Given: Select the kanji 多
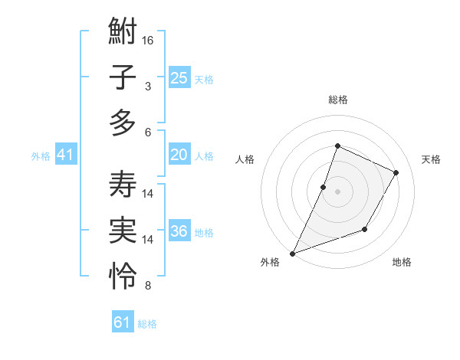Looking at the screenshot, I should [123, 123].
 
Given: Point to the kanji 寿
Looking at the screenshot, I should [123, 185].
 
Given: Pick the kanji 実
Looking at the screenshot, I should [123, 231].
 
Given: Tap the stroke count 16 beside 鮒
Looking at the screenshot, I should [149, 39].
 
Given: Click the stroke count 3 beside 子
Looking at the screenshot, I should [148, 86].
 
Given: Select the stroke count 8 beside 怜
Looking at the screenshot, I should [148, 286].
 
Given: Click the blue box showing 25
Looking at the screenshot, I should [179, 77].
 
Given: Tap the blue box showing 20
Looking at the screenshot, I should [179, 155].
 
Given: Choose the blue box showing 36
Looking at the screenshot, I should [179, 231].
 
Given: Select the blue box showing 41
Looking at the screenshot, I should [65, 155].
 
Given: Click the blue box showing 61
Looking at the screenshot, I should [122, 322].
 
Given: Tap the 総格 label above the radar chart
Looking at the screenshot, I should [337, 100].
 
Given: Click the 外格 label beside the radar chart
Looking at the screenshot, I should [269, 262].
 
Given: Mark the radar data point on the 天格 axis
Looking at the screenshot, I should [396, 172].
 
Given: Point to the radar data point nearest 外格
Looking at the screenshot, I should [292, 253].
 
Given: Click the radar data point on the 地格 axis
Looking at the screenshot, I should [365, 229].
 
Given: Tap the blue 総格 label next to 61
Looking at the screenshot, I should [147, 324].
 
